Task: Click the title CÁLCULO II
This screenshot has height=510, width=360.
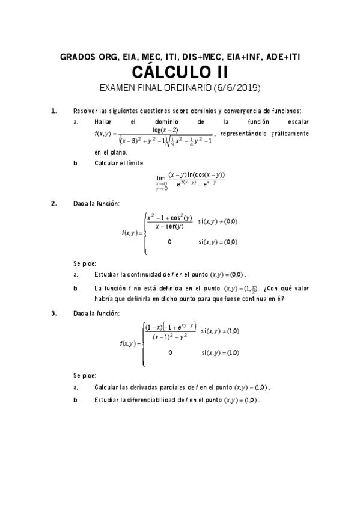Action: [180, 73]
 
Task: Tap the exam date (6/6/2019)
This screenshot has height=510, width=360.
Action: [236, 88]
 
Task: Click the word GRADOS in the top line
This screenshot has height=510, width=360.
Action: [78, 58]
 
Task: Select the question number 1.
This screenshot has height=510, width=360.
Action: [54, 111]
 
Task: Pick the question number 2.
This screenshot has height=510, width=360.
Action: [54, 203]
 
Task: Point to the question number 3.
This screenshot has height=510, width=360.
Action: [54, 313]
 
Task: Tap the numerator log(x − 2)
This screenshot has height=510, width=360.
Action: [165, 129]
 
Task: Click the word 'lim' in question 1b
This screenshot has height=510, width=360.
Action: [160, 178]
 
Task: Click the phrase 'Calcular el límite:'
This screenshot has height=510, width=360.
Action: [119, 163]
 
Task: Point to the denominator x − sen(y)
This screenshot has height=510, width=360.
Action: [169, 226]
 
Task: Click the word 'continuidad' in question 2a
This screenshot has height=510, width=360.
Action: [149, 274]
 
